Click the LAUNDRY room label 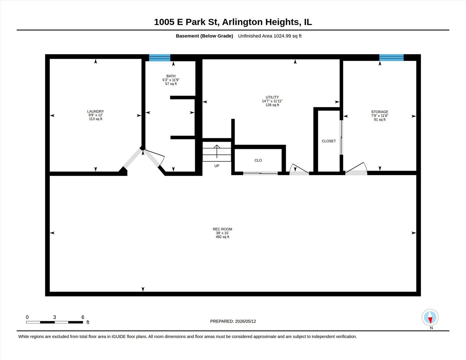tap(95, 111)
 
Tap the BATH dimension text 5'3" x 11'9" tap(171, 80)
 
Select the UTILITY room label tap(272, 97)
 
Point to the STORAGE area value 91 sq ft tap(380, 120)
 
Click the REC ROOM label tap(222, 229)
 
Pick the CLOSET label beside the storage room tap(329, 141)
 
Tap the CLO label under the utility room tap(258, 160)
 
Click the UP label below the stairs tap(217, 166)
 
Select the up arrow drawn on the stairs tap(217, 151)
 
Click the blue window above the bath tap(159, 58)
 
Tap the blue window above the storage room tap(391, 58)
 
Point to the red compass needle tap(430, 320)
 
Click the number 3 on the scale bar tap(54, 317)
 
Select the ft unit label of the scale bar tap(88, 322)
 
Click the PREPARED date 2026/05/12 tap(245, 321)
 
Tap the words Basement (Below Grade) tap(204, 36)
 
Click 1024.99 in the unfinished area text tap(282, 36)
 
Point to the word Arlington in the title tap(242, 22)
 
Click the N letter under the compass tap(431, 328)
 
